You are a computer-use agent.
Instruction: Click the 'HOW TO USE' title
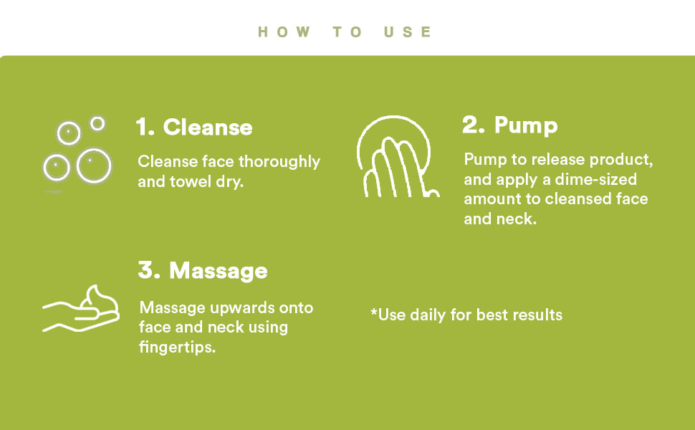[345, 32]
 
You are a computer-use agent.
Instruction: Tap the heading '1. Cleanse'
[194, 128]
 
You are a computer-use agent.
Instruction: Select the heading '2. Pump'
[509, 125]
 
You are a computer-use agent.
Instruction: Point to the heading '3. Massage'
[203, 270]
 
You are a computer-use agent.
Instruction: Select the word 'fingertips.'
[177, 347]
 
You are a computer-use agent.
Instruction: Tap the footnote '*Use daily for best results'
[466, 315]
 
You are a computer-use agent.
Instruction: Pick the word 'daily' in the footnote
[428, 315]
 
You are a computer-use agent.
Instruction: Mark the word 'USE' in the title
[408, 32]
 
